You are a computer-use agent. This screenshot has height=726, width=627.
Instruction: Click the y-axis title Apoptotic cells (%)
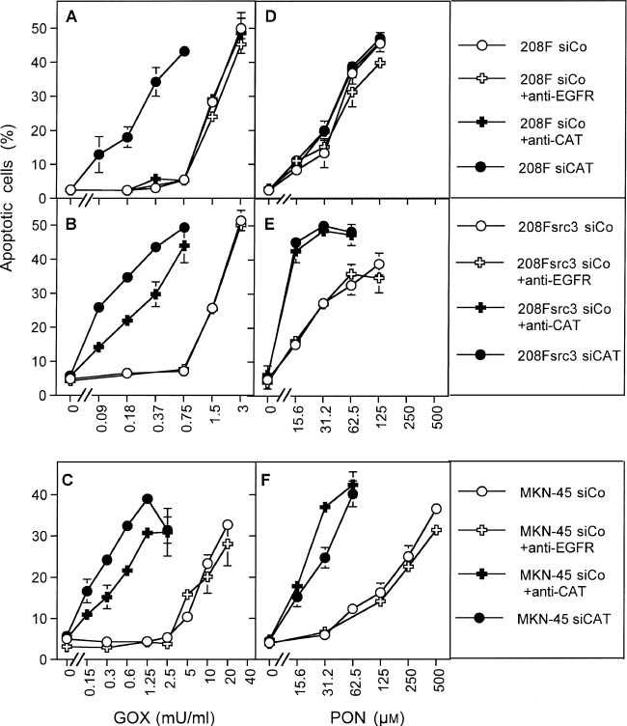coord(13,202)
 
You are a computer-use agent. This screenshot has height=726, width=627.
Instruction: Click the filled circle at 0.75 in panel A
coord(184,51)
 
